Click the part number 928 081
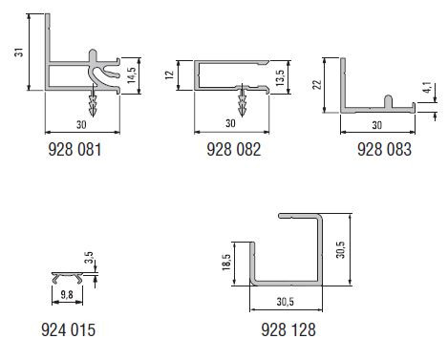[75, 149]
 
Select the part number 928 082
[234, 149]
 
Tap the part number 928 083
[384, 149]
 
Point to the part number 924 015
[69, 329]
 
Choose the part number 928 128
[288, 329]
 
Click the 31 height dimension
[19, 53]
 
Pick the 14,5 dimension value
[131, 75]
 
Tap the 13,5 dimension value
[280, 78]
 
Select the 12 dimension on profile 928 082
[170, 75]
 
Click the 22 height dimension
[317, 84]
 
